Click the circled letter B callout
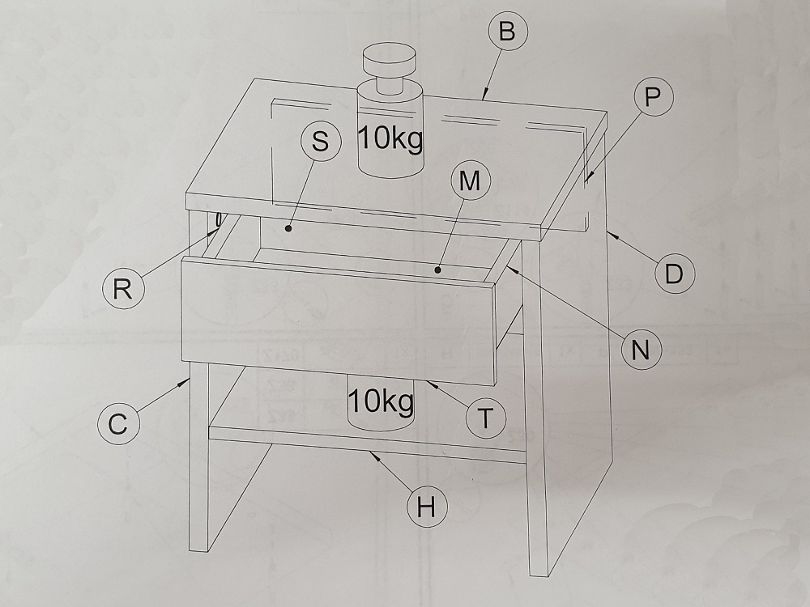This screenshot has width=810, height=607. point(509,31)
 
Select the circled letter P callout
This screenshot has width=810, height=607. point(653,96)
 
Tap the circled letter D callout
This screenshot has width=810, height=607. point(674,274)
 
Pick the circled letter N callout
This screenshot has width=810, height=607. point(641,350)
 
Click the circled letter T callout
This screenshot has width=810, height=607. point(485,418)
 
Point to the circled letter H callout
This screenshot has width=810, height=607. point(427,507)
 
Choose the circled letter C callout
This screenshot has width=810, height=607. point(117,424)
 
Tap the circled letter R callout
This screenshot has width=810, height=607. point(122,289)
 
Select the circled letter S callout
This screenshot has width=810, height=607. point(320,140)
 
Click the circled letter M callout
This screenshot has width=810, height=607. point(470,180)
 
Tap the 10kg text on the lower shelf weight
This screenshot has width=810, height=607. point(381,401)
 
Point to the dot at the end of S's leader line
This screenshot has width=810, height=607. point(289,227)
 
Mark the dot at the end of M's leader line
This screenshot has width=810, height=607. point(437,270)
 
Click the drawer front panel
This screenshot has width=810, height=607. point(339,321)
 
